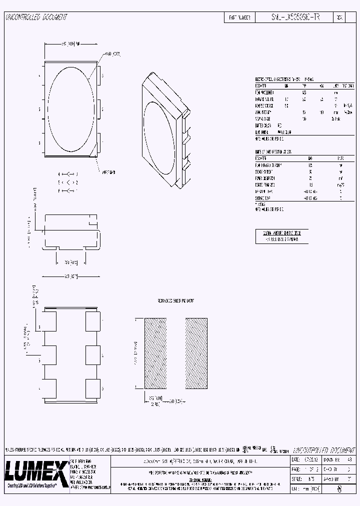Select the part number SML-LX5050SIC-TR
[x=287, y=17]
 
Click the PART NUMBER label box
[x=239, y=17]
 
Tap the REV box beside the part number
[x=339, y=17]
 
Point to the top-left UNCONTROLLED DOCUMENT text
[x=36, y=17]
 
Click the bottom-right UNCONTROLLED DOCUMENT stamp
[x=318, y=449]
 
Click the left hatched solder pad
[x=155, y=353]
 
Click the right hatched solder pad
[x=196, y=353]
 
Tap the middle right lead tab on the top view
[x=99, y=108]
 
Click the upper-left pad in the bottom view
[x=49, y=320]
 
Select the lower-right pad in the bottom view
[x=93, y=388]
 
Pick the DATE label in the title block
[x=295, y=459]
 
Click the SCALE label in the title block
[x=296, y=479]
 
